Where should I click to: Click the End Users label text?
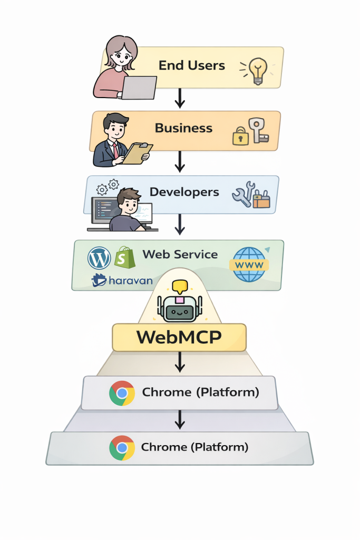191,66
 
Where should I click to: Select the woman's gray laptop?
138,88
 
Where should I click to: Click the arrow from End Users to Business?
180,98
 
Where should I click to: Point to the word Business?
183,128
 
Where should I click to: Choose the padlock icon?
240,136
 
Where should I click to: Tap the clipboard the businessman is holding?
137,152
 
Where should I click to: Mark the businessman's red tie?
115,151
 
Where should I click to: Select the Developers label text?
184,192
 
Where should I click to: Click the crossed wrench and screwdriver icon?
244,194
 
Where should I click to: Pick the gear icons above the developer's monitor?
107,187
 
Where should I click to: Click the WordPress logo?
99,258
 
